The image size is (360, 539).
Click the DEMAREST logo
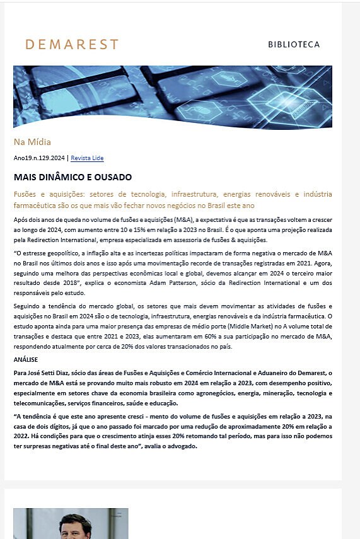point(71,44)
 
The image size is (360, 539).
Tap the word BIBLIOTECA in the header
point(293,45)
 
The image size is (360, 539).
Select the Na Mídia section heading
point(32,142)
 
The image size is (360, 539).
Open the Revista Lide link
point(87,158)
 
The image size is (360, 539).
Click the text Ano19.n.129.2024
point(38,158)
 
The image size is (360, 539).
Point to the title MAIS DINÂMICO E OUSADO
point(73,177)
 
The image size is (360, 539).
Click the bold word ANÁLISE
point(25,360)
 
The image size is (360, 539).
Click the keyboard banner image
point(172,96)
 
